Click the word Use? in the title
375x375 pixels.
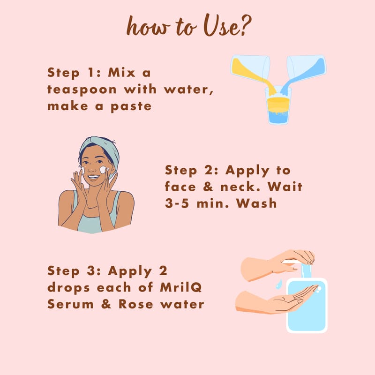pos(227,25)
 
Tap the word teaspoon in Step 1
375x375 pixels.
pos(82,90)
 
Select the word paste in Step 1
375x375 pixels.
pos(131,107)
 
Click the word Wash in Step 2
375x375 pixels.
pos(256,203)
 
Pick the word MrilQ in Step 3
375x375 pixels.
pos(181,287)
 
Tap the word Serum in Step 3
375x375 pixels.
pos(70,304)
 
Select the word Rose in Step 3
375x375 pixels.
pos(135,304)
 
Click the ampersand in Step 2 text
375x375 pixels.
pos(208,187)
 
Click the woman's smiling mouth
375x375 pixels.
pos(93,177)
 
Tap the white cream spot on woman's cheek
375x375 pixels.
pos(104,170)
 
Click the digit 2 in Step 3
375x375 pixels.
pos(163,270)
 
